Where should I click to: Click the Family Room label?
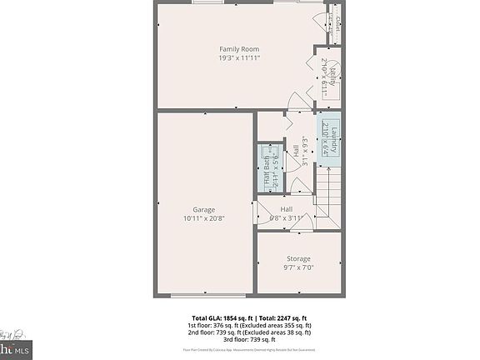[x=239, y=49]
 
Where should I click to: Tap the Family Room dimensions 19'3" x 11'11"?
[x=239, y=59]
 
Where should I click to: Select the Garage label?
[x=204, y=209]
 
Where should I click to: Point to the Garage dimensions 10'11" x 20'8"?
[x=204, y=218]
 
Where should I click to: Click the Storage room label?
[x=298, y=259]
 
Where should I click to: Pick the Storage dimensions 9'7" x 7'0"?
[x=298, y=268]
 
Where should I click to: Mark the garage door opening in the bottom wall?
[x=205, y=294]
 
